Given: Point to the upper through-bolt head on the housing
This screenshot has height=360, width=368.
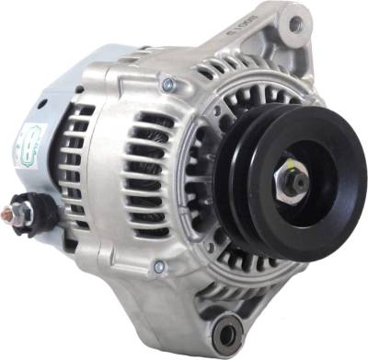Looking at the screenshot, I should [167, 85].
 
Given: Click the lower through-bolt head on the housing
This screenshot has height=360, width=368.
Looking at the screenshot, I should [160, 267].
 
